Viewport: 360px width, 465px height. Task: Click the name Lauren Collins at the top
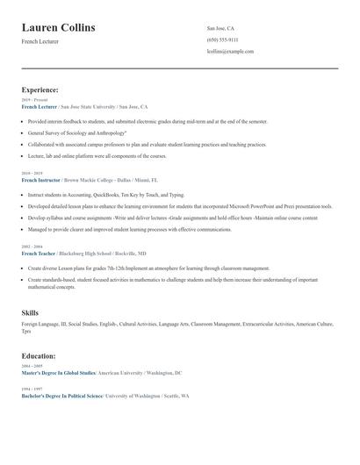coord(58,28)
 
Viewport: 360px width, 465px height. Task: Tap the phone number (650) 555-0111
coord(222,39)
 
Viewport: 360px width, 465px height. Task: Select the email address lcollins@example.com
coord(230,51)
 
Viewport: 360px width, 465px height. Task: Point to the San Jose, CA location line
coord(220,28)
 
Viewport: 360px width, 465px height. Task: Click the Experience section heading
coord(40,89)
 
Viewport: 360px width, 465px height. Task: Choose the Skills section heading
coord(30,312)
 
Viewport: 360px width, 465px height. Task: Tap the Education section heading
coord(39,356)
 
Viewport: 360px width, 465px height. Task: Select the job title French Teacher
coord(39,253)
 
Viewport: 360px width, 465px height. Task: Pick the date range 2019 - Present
coord(34,100)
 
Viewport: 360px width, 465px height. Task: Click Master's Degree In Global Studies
coord(59,373)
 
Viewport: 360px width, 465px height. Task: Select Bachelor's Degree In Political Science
coord(61,397)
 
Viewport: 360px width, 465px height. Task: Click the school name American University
coord(121,373)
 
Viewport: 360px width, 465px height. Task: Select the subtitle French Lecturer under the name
coord(40,41)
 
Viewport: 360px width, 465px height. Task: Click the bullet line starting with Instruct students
coord(105,195)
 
